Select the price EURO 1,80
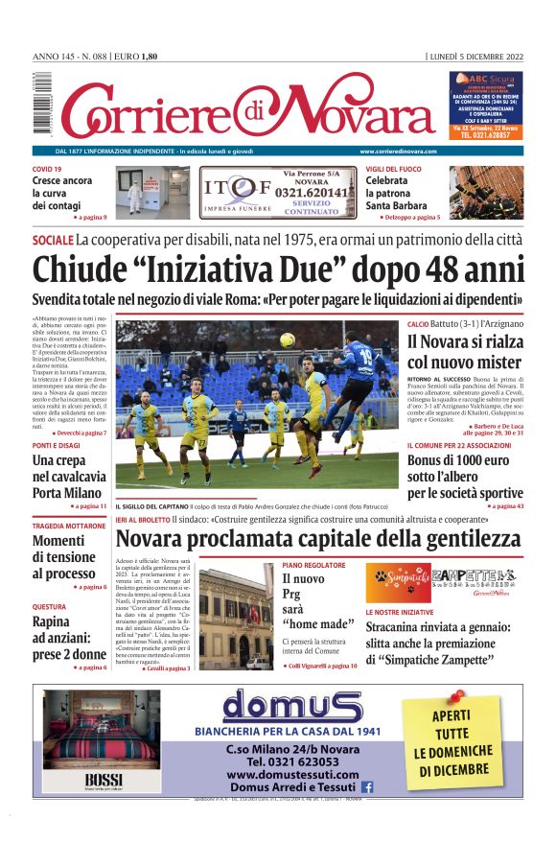(x=135, y=57)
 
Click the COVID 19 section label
(x=47, y=169)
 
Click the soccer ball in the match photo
(x=288, y=340)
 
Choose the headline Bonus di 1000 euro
(x=457, y=459)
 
